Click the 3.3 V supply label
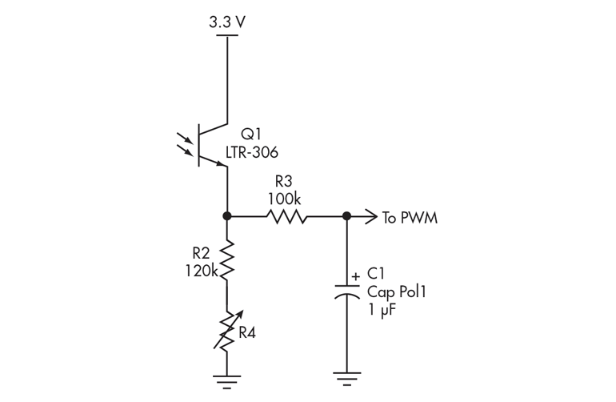[227, 22]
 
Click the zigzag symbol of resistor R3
[286, 216]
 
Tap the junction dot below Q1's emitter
[227, 216]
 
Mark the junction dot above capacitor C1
[346, 216]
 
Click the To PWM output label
[410, 218]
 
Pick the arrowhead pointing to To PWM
[370, 216]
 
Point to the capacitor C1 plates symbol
[346, 289]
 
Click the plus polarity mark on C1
[355, 275]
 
